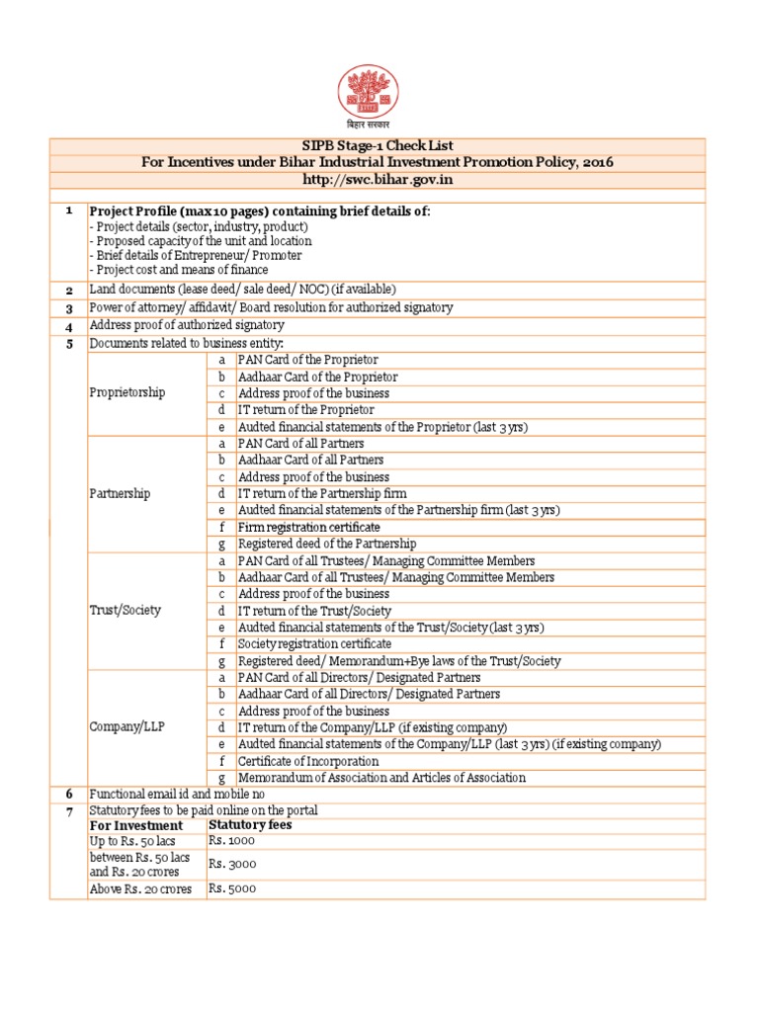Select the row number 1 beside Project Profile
[x=68, y=211]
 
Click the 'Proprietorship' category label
[x=127, y=392]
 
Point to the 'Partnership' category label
[x=120, y=493]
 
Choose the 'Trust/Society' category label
[x=125, y=610]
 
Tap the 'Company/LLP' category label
[x=125, y=726]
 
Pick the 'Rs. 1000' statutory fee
[x=232, y=840]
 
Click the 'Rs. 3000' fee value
[x=232, y=864]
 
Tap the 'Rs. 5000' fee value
[x=232, y=888]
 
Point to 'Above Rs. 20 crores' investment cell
[x=140, y=888]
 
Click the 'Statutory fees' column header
[x=250, y=824]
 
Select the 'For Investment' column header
[x=136, y=824]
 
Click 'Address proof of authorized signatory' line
[x=187, y=325]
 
